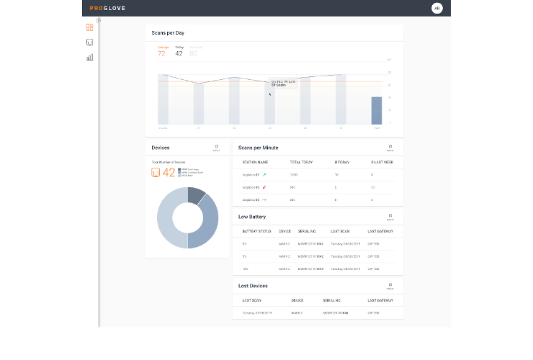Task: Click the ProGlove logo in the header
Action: pyautogui.click(x=106, y=8)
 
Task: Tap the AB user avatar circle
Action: pyautogui.click(x=436, y=8)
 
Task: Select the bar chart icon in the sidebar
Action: pyautogui.click(x=89, y=58)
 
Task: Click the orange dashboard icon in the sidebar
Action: pyautogui.click(x=89, y=27)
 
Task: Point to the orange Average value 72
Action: pyautogui.click(x=161, y=53)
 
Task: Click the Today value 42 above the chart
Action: pyautogui.click(x=179, y=53)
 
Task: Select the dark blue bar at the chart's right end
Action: pyautogui.click(x=376, y=110)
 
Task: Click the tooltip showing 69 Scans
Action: pyautogui.click(x=283, y=84)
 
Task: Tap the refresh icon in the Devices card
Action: pyautogui.click(x=216, y=148)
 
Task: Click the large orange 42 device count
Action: pyautogui.click(x=169, y=172)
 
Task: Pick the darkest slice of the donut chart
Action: pyautogui.click(x=197, y=195)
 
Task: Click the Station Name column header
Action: pyautogui.click(x=255, y=162)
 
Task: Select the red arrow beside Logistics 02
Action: pyautogui.click(x=264, y=187)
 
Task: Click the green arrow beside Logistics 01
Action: pyautogui.click(x=264, y=174)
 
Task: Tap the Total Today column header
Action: pyautogui.click(x=300, y=162)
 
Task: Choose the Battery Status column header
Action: pyautogui.click(x=256, y=231)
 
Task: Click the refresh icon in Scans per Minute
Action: pyautogui.click(x=390, y=147)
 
